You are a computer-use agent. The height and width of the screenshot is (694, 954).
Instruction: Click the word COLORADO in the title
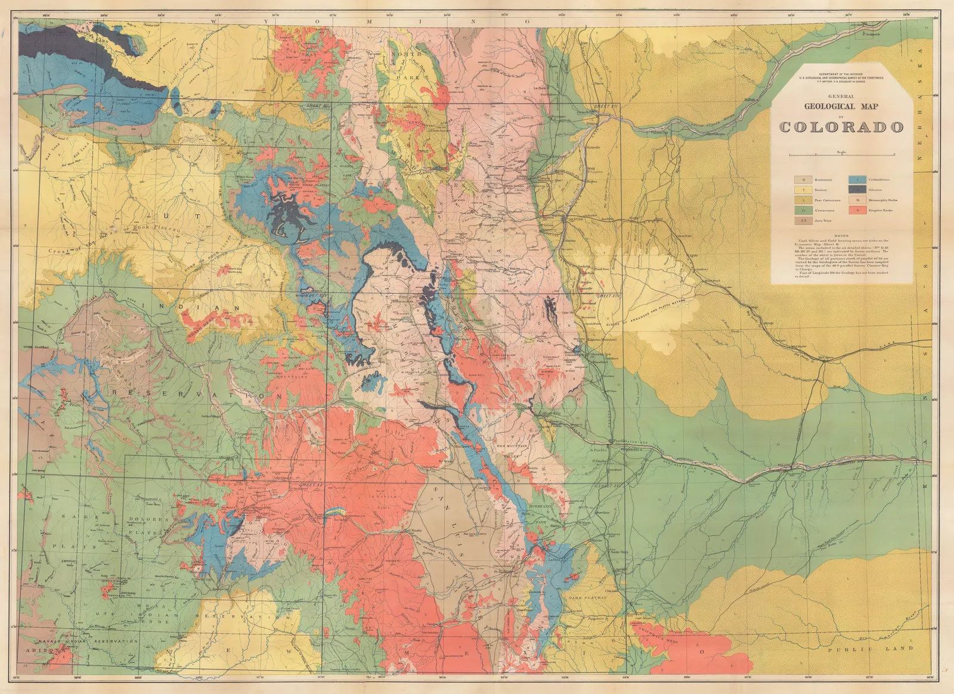click(841, 127)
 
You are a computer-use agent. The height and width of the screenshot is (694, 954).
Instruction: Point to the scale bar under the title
click(841, 155)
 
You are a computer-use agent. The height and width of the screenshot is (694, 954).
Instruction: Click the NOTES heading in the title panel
click(841, 236)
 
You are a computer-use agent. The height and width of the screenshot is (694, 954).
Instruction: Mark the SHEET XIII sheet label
click(605, 295)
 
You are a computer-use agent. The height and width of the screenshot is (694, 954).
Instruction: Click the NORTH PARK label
click(407, 66)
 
